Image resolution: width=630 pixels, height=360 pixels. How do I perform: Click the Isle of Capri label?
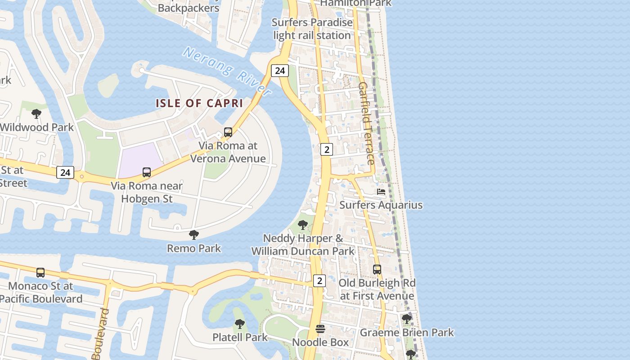pyautogui.click(x=199, y=103)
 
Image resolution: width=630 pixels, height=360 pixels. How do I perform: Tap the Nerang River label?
pyautogui.click(x=227, y=71)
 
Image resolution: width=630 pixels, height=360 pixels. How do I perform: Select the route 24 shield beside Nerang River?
pyautogui.click(x=280, y=71)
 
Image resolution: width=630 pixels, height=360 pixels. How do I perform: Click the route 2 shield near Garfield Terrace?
pyautogui.click(x=326, y=149)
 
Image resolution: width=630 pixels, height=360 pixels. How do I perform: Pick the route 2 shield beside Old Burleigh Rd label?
pyautogui.click(x=319, y=281)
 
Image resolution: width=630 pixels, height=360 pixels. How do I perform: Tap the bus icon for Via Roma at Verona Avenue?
pyautogui.click(x=228, y=132)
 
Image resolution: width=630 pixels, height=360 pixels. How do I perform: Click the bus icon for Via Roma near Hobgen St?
pyautogui.click(x=147, y=172)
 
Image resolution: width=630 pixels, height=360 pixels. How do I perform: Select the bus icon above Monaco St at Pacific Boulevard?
pyautogui.click(x=40, y=272)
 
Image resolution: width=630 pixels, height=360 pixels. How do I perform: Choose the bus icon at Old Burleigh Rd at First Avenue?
pyautogui.click(x=377, y=270)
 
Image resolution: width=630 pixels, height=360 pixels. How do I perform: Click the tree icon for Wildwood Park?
pyautogui.click(x=36, y=114)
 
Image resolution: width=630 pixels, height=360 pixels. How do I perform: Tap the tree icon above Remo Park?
pyautogui.click(x=194, y=234)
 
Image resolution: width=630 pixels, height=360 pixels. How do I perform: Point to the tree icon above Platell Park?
pyautogui.click(x=240, y=324)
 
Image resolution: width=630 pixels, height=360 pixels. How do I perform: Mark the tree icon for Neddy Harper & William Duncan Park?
pyautogui.click(x=303, y=225)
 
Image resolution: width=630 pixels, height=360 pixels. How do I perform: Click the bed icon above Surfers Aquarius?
pyautogui.click(x=381, y=192)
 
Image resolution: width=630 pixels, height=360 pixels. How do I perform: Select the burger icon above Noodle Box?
pyautogui.click(x=320, y=329)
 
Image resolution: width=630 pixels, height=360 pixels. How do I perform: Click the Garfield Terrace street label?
pyautogui.click(x=366, y=123)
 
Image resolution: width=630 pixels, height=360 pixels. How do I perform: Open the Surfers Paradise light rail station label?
pyautogui.click(x=312, y=29)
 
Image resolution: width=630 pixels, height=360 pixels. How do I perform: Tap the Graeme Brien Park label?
pyautogui.click(x=407, y=333)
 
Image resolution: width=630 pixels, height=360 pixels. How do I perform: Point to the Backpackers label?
pyautogui.click(x=189, y=8)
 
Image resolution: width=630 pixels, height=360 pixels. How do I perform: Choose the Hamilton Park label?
pyautogui.click(x=355, y=3)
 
